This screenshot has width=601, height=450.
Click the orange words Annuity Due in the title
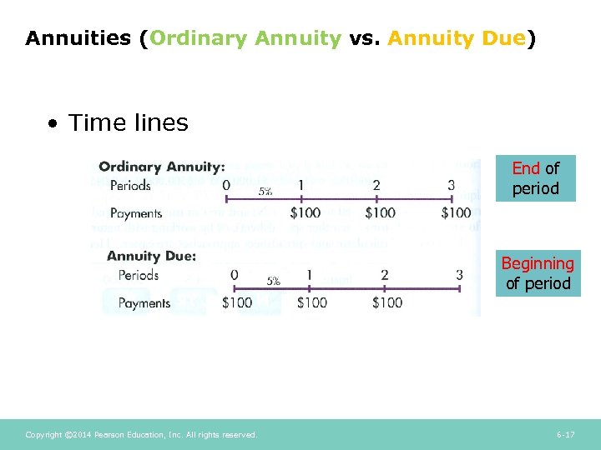click(456, 38)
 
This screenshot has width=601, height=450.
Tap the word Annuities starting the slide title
click(78, 38)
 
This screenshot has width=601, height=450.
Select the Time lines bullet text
click(128, 123)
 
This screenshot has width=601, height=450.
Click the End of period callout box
click(535, 178)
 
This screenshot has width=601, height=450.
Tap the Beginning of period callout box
click(537, 273)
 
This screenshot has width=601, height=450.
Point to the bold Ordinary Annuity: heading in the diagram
click(162, 167)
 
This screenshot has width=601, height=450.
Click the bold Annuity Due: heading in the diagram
click(151, 256)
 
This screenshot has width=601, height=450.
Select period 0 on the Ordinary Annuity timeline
click(225, 185)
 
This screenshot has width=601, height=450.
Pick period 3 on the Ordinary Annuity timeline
click(452, 185)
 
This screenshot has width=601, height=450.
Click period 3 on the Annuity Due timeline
click(459, 274)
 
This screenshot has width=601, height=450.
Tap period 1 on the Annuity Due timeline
click(309, 274)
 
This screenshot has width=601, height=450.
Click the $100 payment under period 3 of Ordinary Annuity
click(456, 213)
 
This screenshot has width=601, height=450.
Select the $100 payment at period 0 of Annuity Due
click(237, 302)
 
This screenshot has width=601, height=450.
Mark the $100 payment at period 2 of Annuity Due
click(387, 302)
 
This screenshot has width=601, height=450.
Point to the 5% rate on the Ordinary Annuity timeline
click(265, 192)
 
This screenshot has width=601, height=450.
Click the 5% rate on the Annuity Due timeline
click(272, 282)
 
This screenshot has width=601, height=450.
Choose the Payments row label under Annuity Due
click(144, 303)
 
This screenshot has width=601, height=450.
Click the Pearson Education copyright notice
click(141, 435)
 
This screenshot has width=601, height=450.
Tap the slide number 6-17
click(565, 435)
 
